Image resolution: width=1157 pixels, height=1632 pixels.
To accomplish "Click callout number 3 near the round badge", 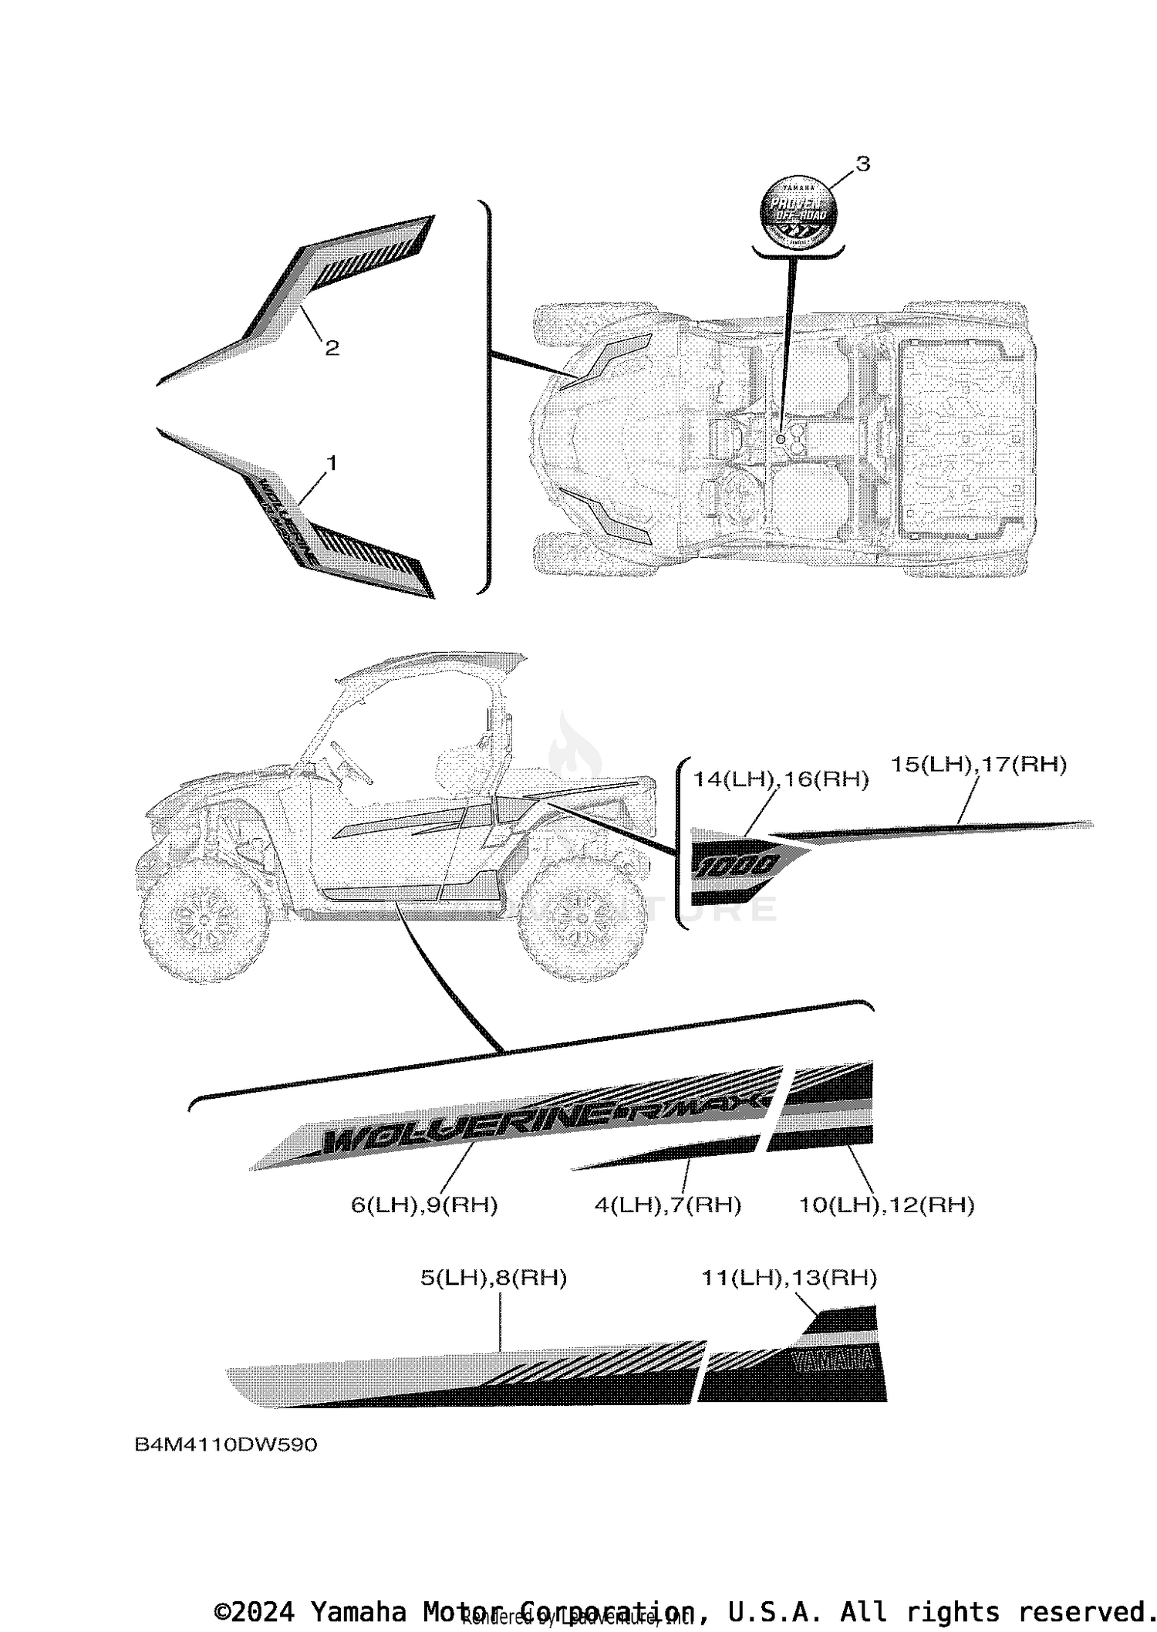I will pos(863,164).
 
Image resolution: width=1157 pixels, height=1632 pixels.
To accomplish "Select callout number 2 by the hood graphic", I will pos(332,348).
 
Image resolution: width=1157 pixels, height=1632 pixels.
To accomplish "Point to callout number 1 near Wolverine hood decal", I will pos(331,463).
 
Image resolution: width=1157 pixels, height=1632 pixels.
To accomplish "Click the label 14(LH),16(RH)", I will pos(781,780).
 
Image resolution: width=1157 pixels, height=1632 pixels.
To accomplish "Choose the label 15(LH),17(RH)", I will pos(979,765).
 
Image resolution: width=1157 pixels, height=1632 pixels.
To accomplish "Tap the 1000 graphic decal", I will pos(740,867).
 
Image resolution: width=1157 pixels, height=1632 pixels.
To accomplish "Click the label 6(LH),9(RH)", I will pos(424,1205).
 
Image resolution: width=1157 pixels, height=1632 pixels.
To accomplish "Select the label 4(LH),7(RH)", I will pos(667,1205).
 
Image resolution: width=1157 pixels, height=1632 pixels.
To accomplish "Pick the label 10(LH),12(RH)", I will pos(886,1205).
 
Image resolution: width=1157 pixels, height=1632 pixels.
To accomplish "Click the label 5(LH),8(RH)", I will pos(494,1278).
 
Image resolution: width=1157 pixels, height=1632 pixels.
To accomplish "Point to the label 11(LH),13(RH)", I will pos(789,1278).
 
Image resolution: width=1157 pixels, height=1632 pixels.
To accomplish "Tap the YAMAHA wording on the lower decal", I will pos(833,1361).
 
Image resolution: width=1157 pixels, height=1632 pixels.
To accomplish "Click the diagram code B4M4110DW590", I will pos(226,1444).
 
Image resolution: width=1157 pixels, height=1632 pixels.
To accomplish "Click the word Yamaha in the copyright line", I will pos(359,1612).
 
